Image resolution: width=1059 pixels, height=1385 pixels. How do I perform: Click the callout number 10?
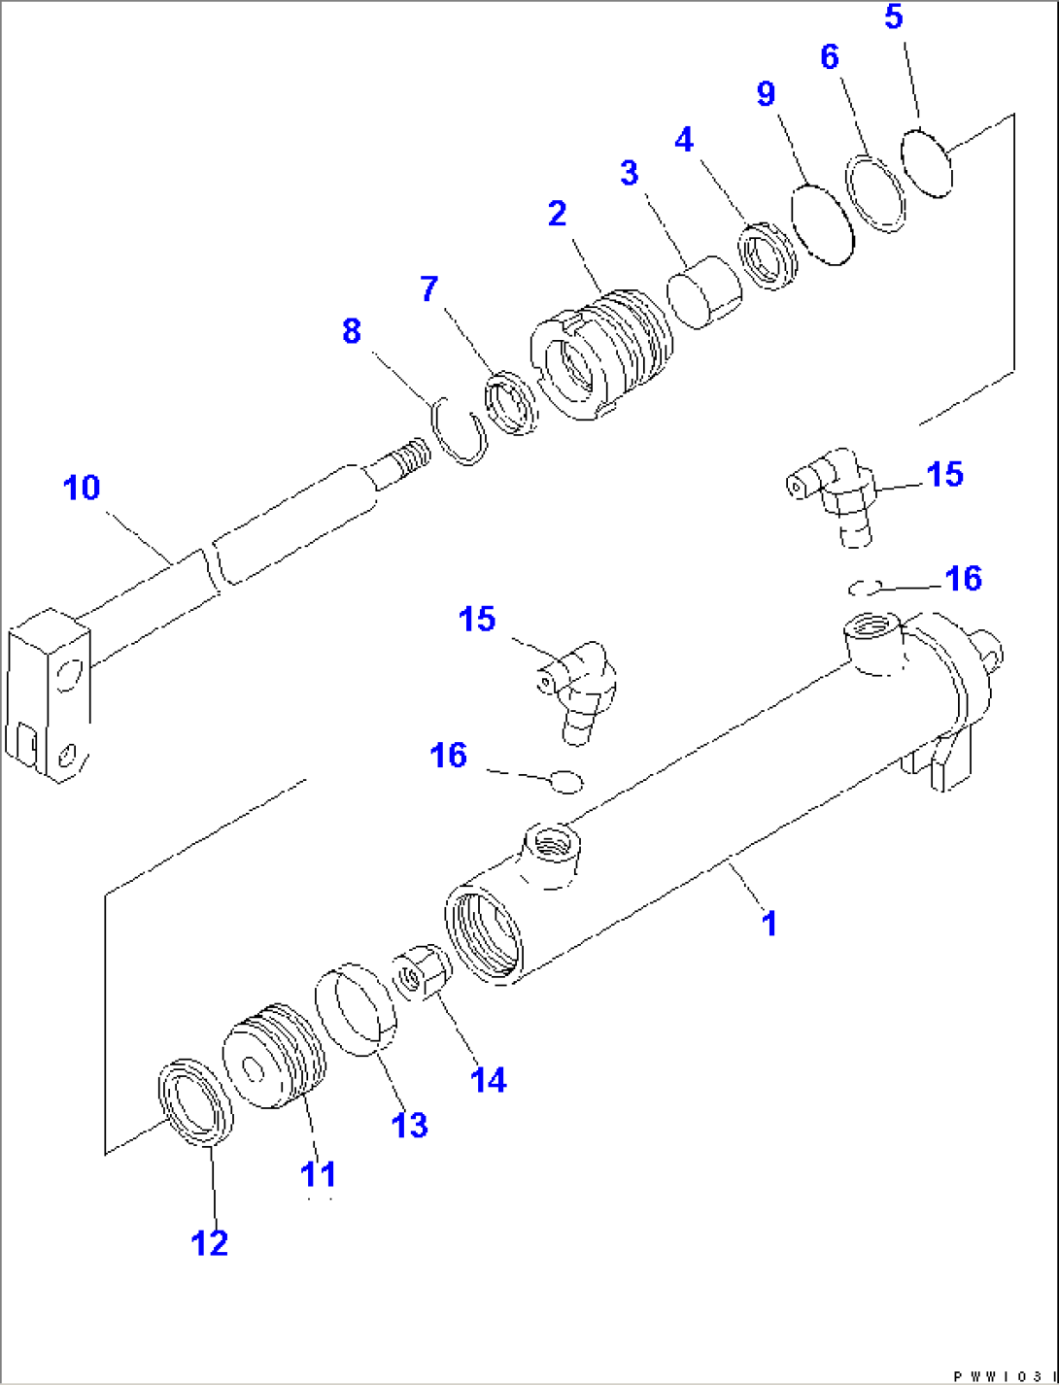(82, 488)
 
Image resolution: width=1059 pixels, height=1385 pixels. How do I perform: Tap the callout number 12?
(209, 1242)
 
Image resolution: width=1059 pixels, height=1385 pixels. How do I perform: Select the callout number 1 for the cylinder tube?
(769, 923)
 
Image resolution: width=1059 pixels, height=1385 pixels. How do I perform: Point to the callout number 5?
(894, 17)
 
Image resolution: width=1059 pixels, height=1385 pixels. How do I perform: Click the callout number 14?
(488, 1079)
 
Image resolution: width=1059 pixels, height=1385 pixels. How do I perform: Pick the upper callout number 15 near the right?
(944, 475)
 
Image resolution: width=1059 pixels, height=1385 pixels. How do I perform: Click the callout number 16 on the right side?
(963, 579)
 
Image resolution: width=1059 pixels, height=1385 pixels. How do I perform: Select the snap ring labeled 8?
(460, 431)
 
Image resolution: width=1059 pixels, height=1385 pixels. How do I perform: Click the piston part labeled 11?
(274, 1056)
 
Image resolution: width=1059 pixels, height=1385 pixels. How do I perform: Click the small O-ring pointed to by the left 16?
(565, 780)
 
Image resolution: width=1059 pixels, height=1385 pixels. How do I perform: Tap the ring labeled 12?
(195, 1101)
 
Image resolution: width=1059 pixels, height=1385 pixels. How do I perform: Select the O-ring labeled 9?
(822, 223)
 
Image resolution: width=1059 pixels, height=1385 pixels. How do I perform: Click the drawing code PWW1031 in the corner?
(1001, 1375)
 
